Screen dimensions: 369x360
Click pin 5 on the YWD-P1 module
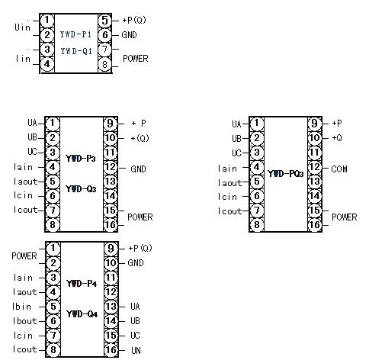pyautogui.click(x=104, y=21)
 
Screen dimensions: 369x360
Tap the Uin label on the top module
pyautogui.click(x=22, y=27)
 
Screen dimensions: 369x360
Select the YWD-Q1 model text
pyautogui.click(x=76, y=51)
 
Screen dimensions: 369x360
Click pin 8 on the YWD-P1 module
pyautogui.click(x=104, y=64)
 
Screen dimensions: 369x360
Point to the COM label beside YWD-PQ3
pyautogui.click(x=339, y=169)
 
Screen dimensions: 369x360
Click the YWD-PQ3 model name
pyautogui.click(x=286, y=174)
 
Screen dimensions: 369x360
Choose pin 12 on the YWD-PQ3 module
pyautogui.click(x=315, y=167)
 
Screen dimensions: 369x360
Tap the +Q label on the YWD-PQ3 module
pyautogui.click(x=337, y=138)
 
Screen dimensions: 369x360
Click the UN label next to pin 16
pyautogui.click(x=136, y=351)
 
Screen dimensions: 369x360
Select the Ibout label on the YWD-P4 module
pyautogui.click(x=24, y=321)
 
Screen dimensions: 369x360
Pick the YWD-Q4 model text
pyautogui.click(x=82, y=314)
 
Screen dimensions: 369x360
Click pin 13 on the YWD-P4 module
pyautogui.click(x=111, y=307)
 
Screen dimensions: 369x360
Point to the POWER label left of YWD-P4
pyautogui.click(x=24, y=256)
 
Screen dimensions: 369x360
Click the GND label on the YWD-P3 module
pyautogui.click(x=138, y=169)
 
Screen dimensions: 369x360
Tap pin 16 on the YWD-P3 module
pyautogui.click(x=111, y=225)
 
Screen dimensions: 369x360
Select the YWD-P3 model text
pyautogui.click(x=81, y=159)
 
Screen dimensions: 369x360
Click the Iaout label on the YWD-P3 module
pyautogui.click(x=25, y=182)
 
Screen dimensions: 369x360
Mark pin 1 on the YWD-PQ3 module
pyautogui.click(x=257, y=124)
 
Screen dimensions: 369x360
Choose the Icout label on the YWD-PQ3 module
pyautogui.click(x=229, y=211)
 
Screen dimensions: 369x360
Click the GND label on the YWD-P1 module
pyautogui.click(x=129, y=35)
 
